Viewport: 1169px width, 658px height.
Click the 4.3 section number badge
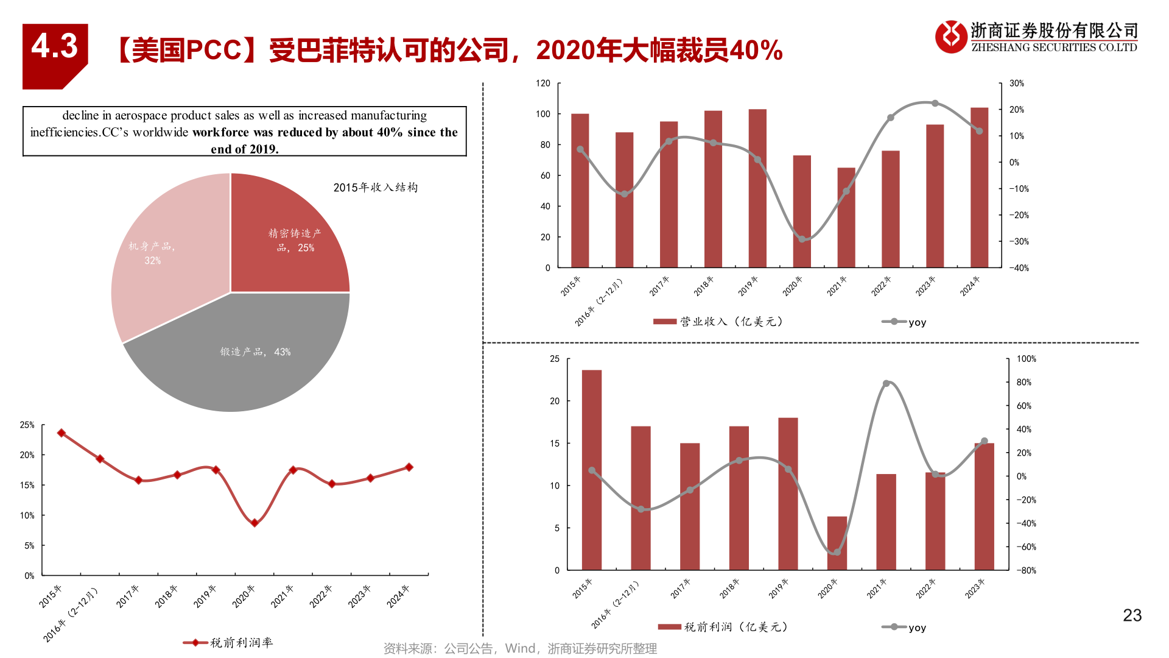(x=55, y=48)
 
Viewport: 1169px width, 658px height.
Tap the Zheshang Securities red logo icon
(x=950, y=37)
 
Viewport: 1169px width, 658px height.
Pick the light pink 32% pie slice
(x=158, y=256)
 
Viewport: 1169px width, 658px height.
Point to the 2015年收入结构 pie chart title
(x=375, y=188)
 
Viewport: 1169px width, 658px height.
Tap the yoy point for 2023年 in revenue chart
(x=935, y=104)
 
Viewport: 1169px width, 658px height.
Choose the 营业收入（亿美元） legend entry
(x=718, y=322)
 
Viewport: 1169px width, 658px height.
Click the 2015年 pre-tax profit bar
(x=592, y=469)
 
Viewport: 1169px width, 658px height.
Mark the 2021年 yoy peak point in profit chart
(x=886, y=383)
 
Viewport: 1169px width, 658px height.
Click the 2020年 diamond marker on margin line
(x=255, y=523)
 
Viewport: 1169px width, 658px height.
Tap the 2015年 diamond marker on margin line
(x=61, y=433)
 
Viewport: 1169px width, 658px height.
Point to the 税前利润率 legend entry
(x=229, y=643)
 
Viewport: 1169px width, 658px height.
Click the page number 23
(x=1132, y=615)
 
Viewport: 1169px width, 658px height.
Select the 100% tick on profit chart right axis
(x=1026, y=359)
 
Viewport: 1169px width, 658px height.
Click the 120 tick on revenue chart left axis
(x=543, y=83)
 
